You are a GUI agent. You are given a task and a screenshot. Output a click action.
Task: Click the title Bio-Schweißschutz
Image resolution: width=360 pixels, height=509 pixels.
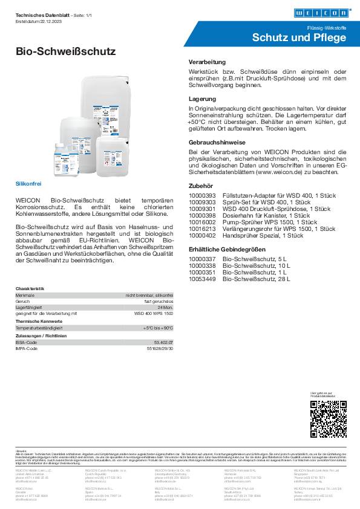pos(65,52)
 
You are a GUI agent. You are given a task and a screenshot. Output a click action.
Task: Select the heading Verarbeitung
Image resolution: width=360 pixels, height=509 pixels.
pos(208,62)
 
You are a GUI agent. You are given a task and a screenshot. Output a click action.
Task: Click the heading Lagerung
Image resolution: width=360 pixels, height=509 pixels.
pos(203,98)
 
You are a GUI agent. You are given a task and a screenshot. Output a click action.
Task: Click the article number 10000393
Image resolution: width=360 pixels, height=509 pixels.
pos(203,196)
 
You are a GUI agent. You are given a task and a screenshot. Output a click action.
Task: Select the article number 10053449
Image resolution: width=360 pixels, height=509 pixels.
pos(203,279)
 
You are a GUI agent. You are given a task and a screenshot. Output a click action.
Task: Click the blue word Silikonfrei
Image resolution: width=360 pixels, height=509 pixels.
pos(27,182)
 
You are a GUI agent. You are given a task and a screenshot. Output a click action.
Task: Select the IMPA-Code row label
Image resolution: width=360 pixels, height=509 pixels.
pos(27,349)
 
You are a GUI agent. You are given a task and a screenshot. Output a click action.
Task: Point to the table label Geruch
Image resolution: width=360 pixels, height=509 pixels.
pos(23,302)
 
